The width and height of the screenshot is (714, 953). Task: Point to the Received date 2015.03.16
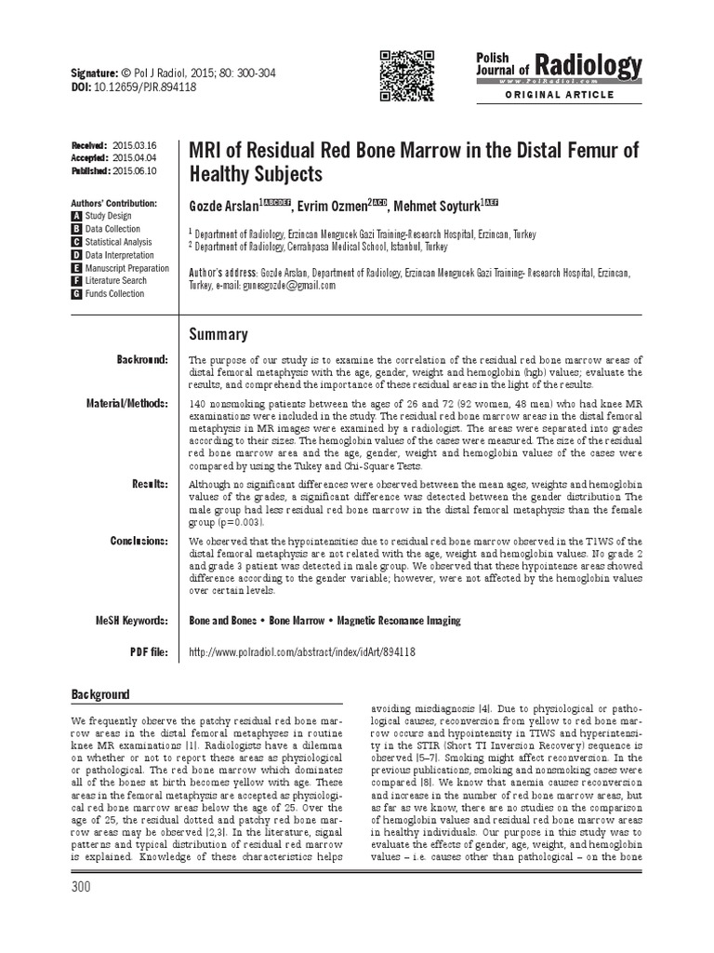click(135, 146)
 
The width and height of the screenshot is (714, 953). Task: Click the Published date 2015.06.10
click(135, 171)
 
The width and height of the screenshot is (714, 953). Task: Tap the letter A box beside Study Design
click(77, 216)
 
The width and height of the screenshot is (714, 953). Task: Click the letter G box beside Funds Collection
click(77, 294)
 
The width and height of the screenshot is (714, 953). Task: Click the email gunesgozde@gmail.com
click(289, 286)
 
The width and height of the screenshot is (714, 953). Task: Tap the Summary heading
click(218, 334)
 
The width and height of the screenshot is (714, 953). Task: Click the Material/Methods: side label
click(129, 403)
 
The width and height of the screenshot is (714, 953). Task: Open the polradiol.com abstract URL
click(302, 652)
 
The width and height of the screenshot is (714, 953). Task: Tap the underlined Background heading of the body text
click(101, 695)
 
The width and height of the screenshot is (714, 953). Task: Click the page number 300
click(80, 887)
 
